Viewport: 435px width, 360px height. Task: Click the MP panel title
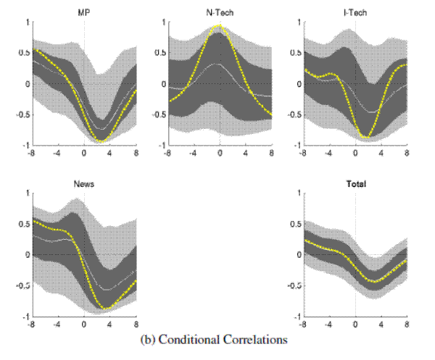tap(84, 13)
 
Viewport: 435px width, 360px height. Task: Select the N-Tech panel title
tap(220, 13)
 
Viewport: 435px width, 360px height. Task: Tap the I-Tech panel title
tap(355, 13)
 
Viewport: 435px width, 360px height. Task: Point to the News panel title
tap(84, 184)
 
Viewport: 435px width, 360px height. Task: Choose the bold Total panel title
tap(355, 184)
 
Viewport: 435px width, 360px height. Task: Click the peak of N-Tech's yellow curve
tap(220, 26)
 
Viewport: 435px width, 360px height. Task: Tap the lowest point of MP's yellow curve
tap(102, 141)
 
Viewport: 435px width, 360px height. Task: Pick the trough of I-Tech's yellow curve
tap(367, 137)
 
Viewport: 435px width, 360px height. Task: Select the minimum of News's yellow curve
tap(107, 309)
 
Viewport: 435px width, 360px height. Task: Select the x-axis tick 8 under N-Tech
tap(271, 154)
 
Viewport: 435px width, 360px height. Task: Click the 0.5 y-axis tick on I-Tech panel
tap(296, 53)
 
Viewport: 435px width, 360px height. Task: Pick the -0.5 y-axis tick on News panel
tap(24, 286)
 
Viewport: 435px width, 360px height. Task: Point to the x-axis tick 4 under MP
tap(110, 154)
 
